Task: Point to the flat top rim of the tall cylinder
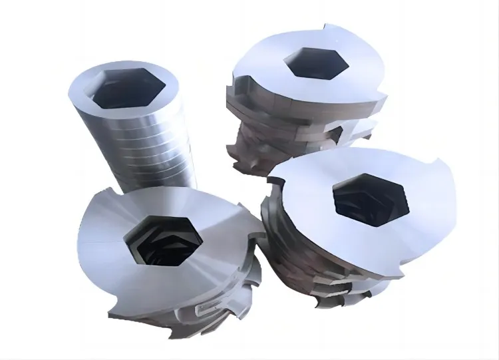pos(86,90)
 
